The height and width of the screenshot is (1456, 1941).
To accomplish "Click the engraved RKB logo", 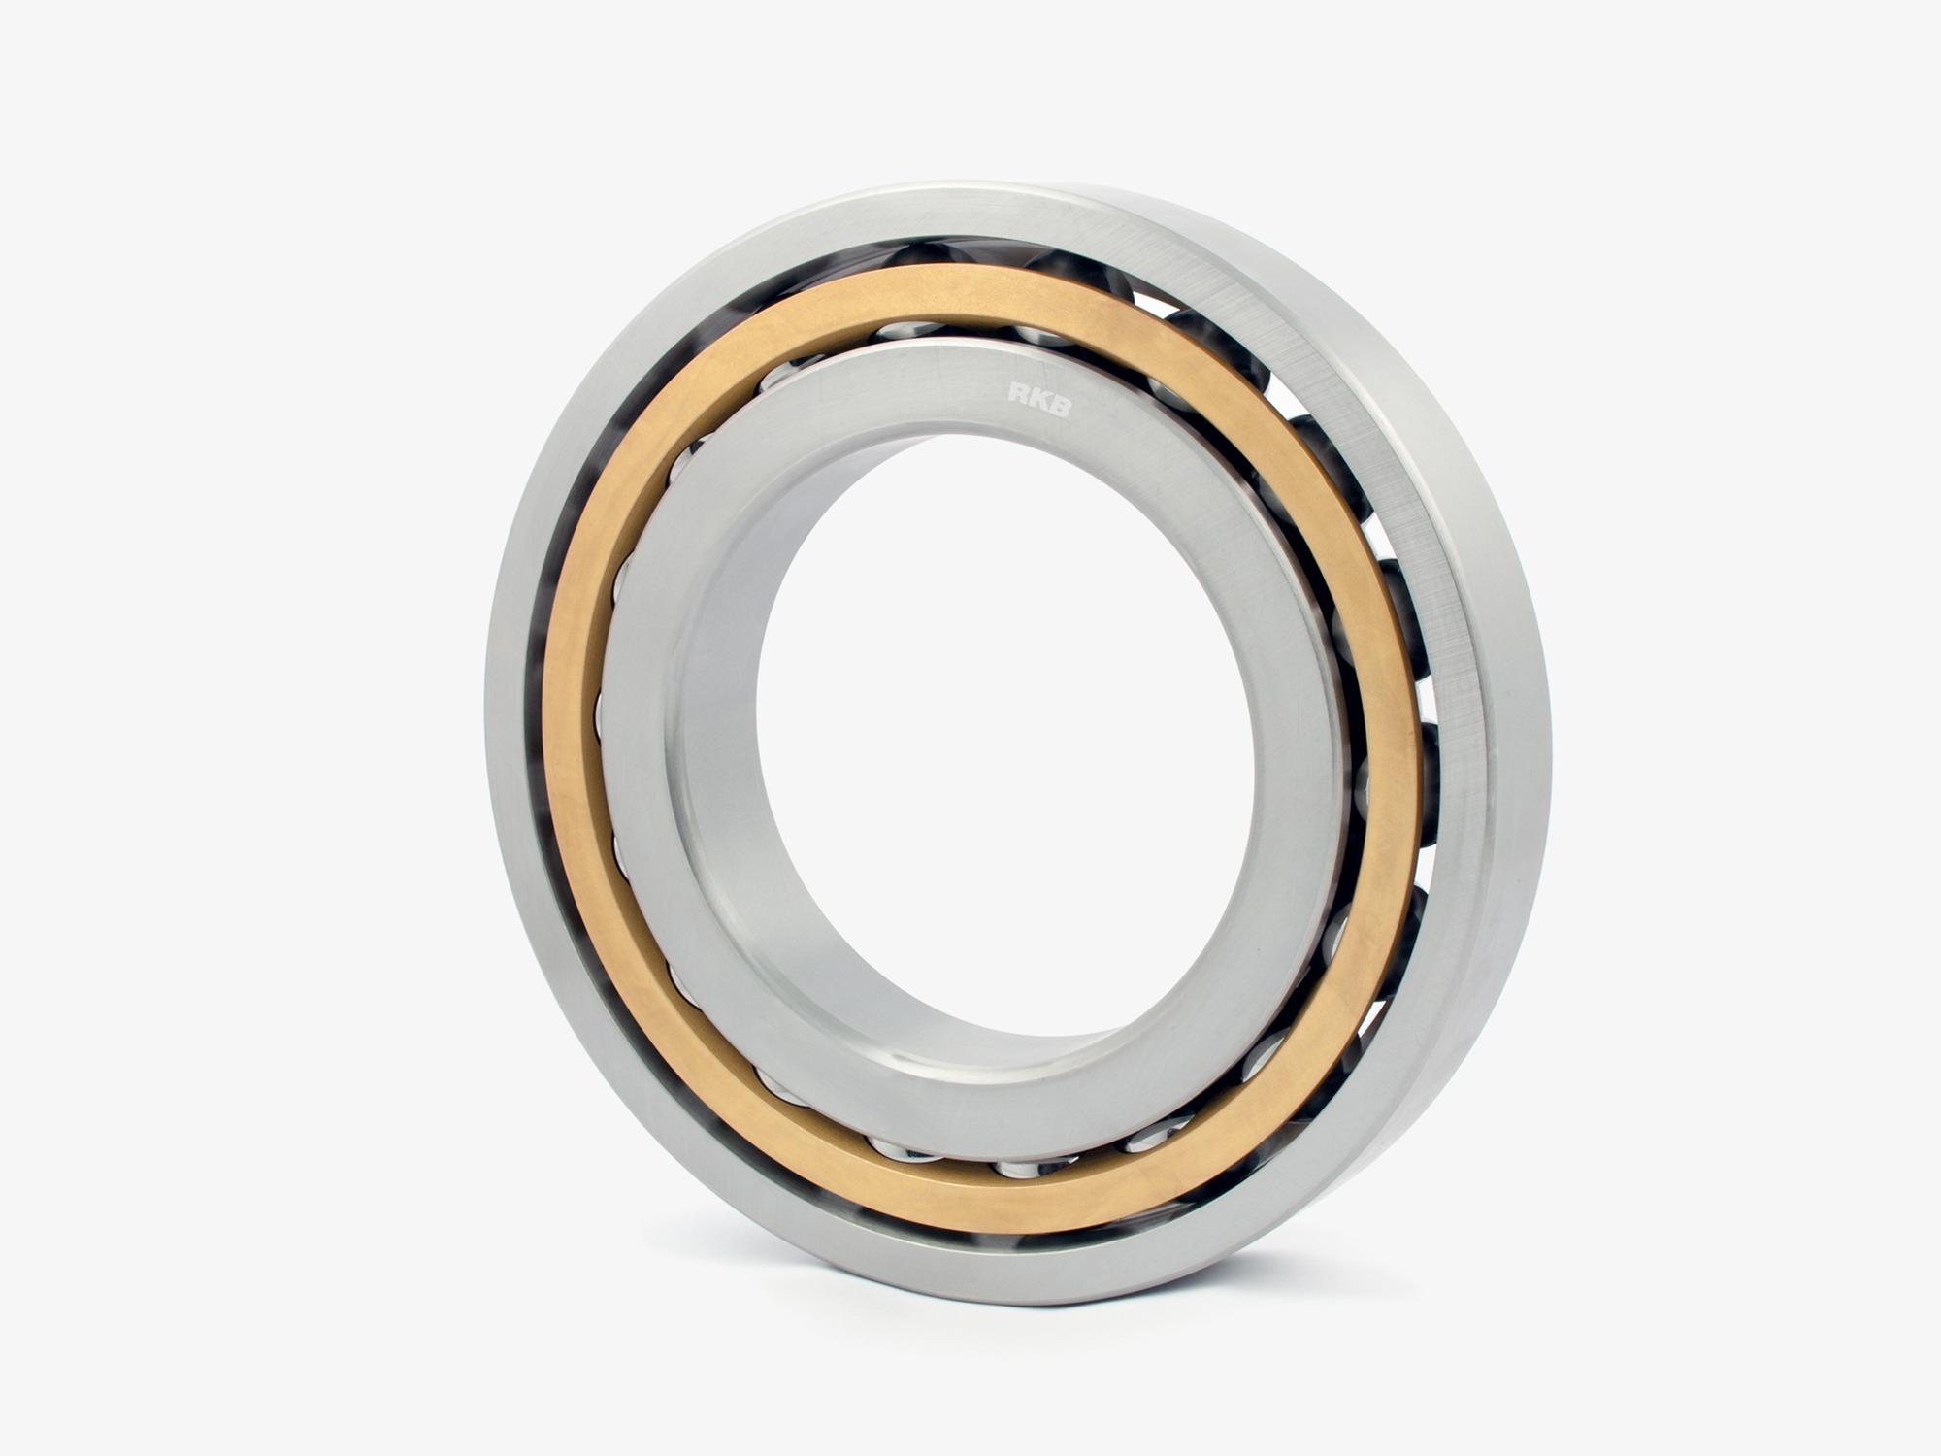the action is point(1038,399).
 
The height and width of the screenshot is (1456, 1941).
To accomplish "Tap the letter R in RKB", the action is point(1017,393).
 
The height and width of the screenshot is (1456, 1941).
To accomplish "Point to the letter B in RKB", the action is point(1060,405).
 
